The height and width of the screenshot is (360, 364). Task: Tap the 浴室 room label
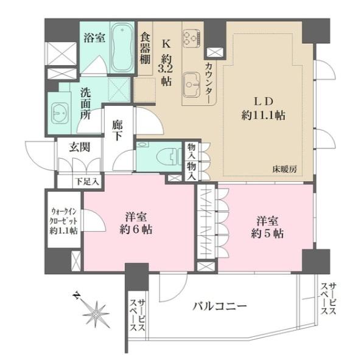point(94,37)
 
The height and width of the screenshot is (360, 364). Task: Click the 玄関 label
point(68,147)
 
